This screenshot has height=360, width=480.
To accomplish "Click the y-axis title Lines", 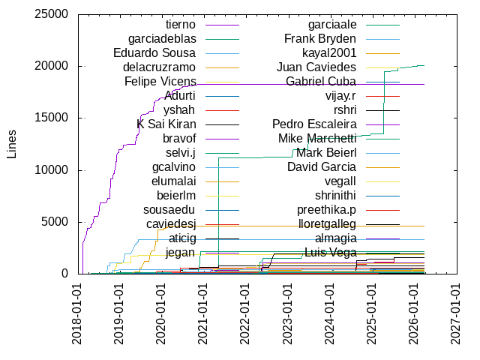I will tap(11, 143).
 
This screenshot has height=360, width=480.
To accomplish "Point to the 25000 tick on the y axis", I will tap(53, 14).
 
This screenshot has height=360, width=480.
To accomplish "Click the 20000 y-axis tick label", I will tap(53, 66).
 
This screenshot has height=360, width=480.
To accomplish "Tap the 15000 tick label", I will tap(53, 118).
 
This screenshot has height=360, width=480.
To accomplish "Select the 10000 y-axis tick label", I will tap(53, 170).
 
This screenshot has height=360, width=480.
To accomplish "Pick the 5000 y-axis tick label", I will tap(56, 222).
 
